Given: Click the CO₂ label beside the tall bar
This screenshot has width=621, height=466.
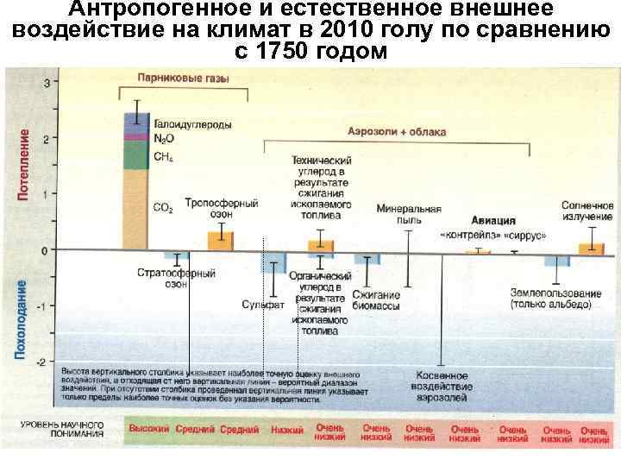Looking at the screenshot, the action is click(x=163, y=209).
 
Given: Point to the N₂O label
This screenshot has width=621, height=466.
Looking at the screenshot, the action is click(x=162, y=139).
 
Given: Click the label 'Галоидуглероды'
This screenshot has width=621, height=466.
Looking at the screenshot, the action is click(x=191, y=125).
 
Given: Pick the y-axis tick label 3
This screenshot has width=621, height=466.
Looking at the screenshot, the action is click(x=46, y=81).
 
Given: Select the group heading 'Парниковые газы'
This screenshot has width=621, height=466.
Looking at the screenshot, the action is click(x=183, y=78).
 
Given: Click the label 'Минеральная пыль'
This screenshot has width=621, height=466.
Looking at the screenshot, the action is click(x=409, y=214).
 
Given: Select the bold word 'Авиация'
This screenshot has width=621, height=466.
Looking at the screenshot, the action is click(x=493, y=220).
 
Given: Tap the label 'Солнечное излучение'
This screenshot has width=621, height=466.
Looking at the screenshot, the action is click(x=587, y=212).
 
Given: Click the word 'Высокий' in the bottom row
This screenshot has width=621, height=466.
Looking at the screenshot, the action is click(x=148, y=429).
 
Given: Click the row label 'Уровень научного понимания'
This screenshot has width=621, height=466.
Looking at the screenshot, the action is click(x=62, y=430).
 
